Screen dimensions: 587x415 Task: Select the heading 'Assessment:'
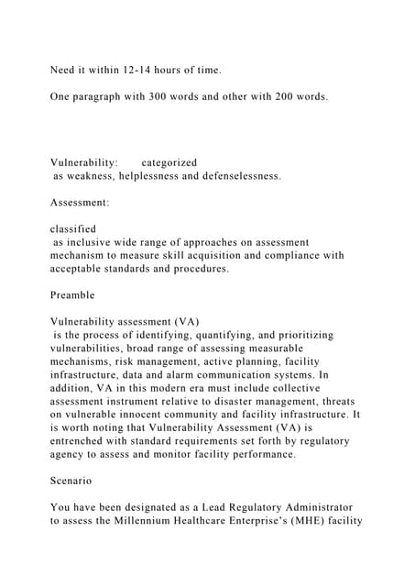pos(81,202)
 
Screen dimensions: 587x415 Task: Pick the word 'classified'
pos(73,229)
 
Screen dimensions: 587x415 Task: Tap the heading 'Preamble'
pos(72,296)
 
